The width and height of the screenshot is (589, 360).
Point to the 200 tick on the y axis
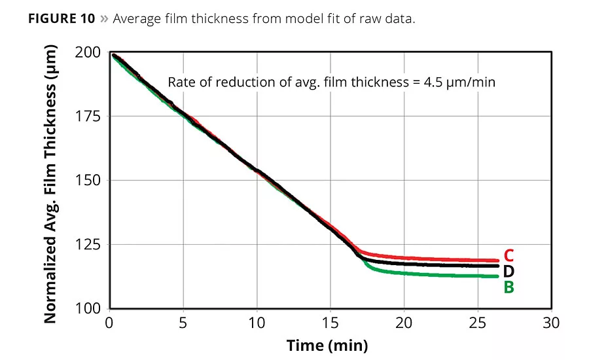pyautogui.click(x=90, y=52)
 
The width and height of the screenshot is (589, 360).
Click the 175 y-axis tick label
pyautogui.click(x=90, y=117)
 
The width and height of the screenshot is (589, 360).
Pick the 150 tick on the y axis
pyautogui.click(x=90, y=181)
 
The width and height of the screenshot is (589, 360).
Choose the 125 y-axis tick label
pyautogui.click(x=90, y=245)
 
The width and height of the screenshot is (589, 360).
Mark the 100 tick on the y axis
pyautogui.click(x=90, y=308)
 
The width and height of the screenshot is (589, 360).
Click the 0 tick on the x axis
pyautogui.click(x=109, y=323)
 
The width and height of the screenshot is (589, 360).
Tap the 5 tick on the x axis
pyautogui.click(x=183, y=323)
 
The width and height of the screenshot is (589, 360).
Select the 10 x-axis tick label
pyautogui.click(x=257, y=323)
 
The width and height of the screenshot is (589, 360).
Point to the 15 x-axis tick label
pyautogui.click(x=330, y=323)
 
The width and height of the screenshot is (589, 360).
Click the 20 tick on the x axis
pyautogui.click(x=404, y=323)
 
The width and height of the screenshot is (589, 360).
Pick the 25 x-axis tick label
pyautogui.click(x=478, y=323)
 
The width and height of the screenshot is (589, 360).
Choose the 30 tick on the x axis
pyautogui.click(x=552, y=323)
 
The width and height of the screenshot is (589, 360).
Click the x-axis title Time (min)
pyautogui.click(x=327, y=345)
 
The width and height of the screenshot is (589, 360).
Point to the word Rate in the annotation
pyautogui.click(x=181, y=82)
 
